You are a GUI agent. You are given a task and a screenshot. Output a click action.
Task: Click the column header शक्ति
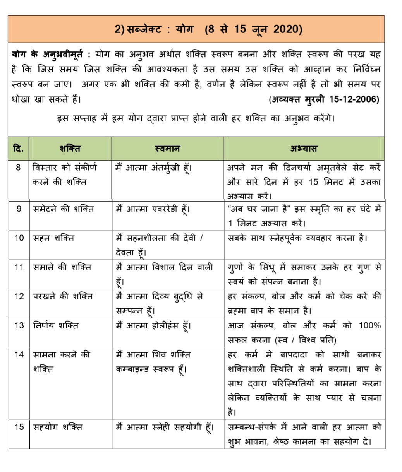(70, 148)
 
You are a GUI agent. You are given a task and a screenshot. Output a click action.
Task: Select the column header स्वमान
(167, 148)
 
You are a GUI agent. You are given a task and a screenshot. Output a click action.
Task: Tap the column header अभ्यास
(304, 148)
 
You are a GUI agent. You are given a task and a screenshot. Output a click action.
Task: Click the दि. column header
(18, 148)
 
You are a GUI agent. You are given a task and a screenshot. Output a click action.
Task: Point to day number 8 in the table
(18, 168)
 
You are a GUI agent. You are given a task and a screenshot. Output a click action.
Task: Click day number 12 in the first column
(19, 296)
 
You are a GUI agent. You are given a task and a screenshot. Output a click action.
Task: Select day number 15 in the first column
(19, 427)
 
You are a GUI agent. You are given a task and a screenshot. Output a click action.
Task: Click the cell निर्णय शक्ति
(56, 325)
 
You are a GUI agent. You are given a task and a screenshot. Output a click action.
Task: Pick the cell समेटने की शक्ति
(64, 209)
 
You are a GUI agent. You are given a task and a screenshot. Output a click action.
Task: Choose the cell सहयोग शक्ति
(58, 427)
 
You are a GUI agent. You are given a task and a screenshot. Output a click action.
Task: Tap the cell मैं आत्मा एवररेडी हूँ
(154, 209)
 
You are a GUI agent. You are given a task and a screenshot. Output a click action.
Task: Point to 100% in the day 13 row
(369, 325)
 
